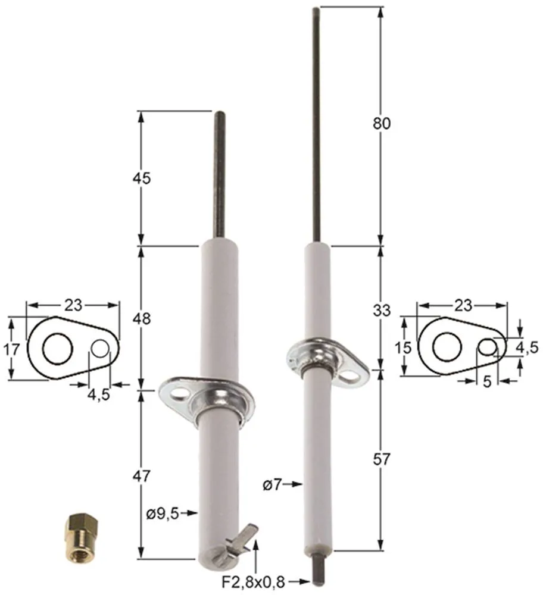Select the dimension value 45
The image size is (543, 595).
142,178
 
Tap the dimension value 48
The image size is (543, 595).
142,318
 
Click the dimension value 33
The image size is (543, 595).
381,310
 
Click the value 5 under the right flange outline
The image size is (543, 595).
486,382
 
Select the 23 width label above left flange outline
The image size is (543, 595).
73,305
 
